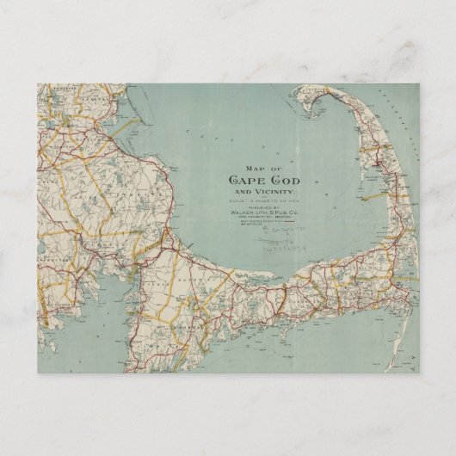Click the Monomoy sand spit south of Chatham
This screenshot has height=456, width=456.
[411, 344]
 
